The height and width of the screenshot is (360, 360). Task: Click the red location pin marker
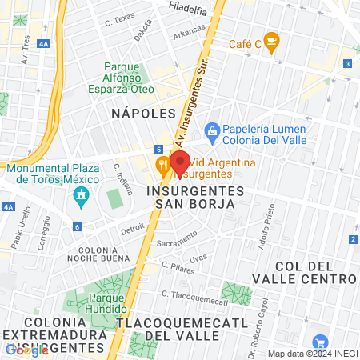point(179,160)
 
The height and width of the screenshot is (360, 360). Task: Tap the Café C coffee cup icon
point(271,39)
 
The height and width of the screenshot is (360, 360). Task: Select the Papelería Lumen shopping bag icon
point(212,130)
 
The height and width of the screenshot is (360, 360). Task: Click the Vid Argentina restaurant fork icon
point(163,166)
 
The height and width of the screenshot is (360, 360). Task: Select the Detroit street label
point(133,229)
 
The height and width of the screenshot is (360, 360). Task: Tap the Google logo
point(26,350)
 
